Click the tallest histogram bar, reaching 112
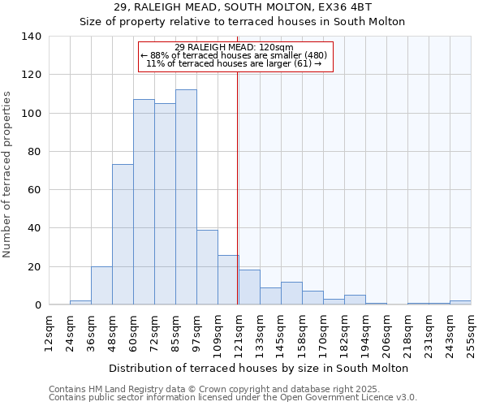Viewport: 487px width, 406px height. pyautogui.click(x=186, y=197)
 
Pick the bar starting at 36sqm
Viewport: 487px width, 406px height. pyautogui.click(x=101, y=286)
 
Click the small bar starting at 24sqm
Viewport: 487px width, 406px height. pyautogui.click(x=80, y=303)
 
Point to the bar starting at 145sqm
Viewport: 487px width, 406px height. pyautogui.click(x=291, y=294)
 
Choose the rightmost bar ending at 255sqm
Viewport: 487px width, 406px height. pyautogui.click(x=460, y=303)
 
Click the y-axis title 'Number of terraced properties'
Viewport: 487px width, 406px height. pyautogui.click(x=7, y=175)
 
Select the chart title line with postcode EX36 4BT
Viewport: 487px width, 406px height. pyautogui.click(x=242, y=7)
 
